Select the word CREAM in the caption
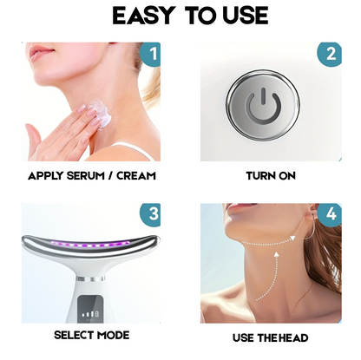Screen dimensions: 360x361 coord(135,175)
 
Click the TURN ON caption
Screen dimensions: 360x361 coord(271,175)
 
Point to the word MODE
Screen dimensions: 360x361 coord(113,335)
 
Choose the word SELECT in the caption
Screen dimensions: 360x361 coord(74,335)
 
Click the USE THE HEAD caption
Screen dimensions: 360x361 coord(272,336)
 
